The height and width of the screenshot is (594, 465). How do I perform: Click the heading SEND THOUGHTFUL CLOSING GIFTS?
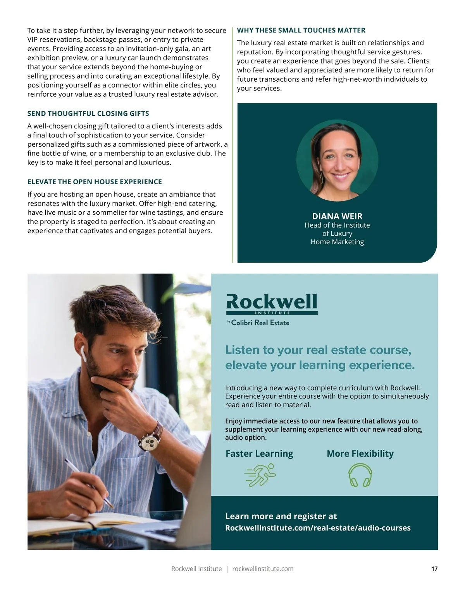[x=88, y=113]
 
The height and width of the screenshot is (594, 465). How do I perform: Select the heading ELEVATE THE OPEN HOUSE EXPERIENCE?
[x=95, y=181]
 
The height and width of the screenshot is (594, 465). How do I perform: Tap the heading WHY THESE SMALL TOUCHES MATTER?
[x=301, y=30]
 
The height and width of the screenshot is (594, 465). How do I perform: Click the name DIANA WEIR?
[x=337, y=216]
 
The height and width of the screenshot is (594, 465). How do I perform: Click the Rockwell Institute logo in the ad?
[x=272, y=304]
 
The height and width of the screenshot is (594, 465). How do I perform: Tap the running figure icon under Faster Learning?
[x=260, y=474]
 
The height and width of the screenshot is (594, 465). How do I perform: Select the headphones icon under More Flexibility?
[x=360, y=475]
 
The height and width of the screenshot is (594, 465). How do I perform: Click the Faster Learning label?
[x=259, y=453]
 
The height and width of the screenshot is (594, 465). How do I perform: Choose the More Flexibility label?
[x=360, y=453]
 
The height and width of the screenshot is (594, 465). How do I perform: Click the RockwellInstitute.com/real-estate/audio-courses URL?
[x=318, y=528]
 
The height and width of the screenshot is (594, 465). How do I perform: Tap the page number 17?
[x=434, y=568]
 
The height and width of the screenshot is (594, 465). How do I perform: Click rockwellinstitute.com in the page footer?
[x=263, y=568]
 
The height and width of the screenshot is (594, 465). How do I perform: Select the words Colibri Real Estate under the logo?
[x=260, y=322]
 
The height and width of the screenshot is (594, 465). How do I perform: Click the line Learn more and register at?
[x=281, y=516]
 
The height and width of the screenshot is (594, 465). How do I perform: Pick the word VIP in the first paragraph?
[x=34, y=39]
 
